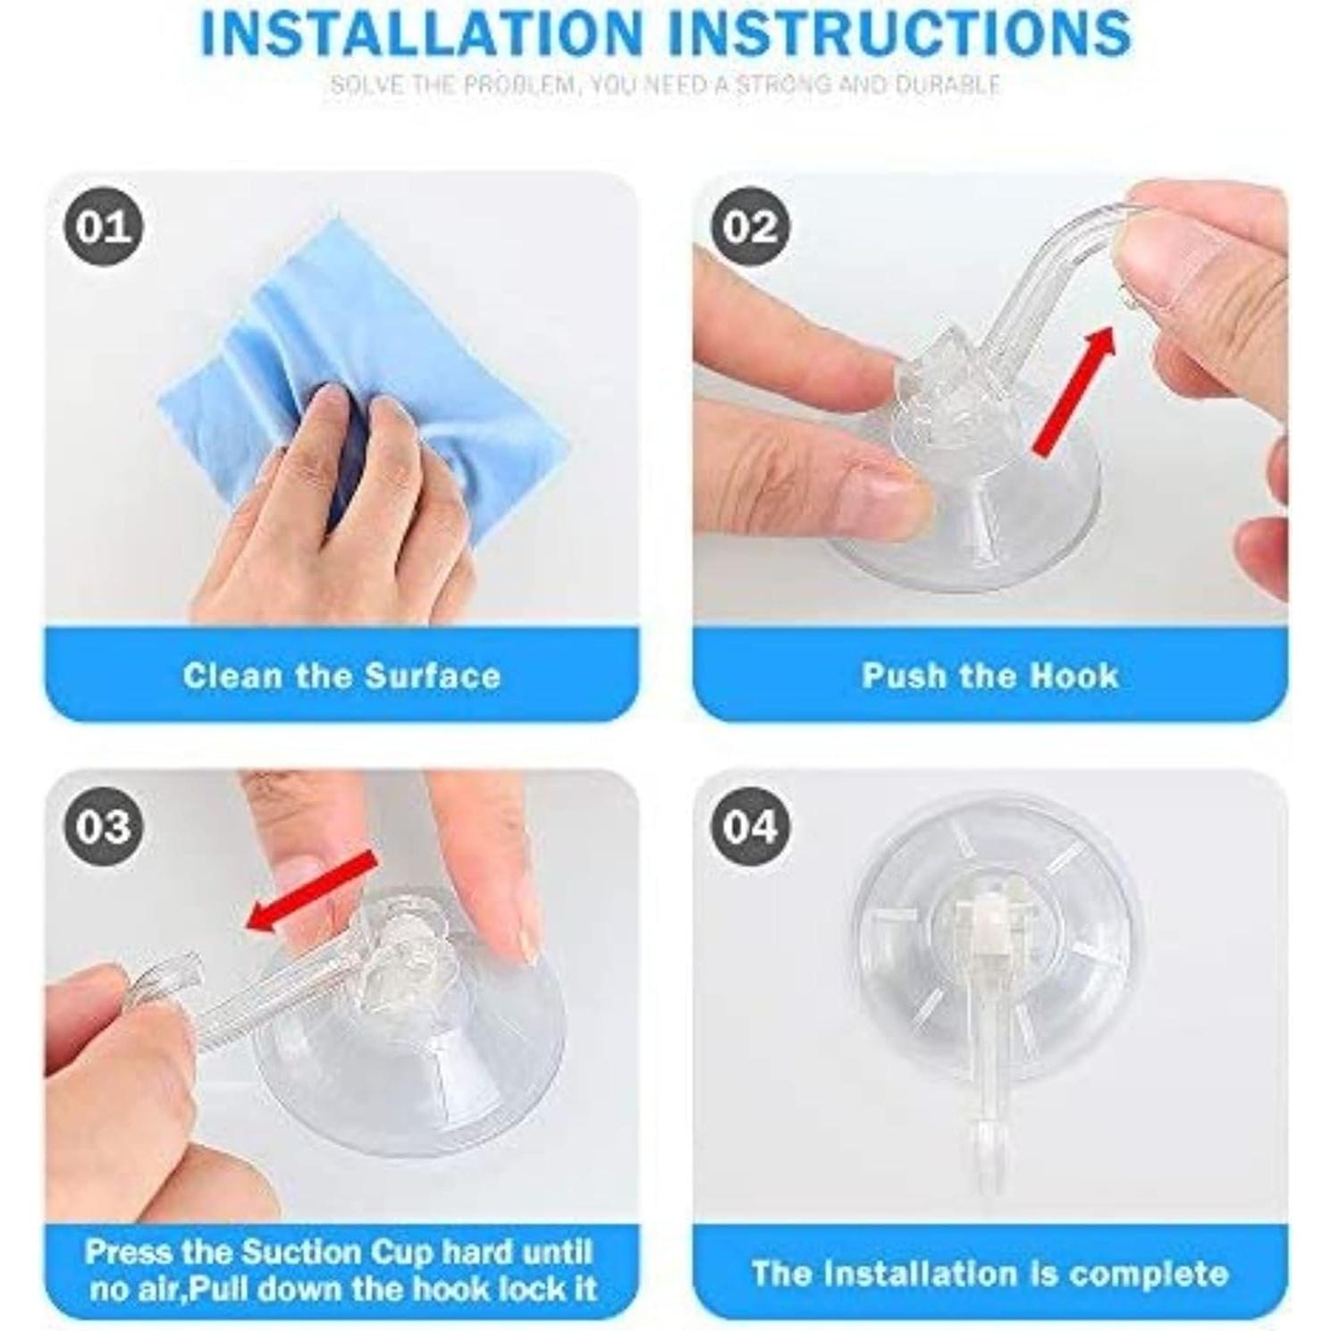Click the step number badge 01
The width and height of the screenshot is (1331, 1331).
click(103, 226)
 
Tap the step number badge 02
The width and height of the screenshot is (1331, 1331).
click(750, 226)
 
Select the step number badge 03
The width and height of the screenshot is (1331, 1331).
click(103, 826)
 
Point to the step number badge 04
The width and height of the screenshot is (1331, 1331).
click(750, 826)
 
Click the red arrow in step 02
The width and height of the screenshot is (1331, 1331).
click(1074, 392)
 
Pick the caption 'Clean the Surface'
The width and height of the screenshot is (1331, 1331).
click(341, 676)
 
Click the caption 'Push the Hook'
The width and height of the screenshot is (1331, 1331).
click(990, 676)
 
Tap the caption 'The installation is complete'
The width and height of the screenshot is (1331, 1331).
click(990, 1273)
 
